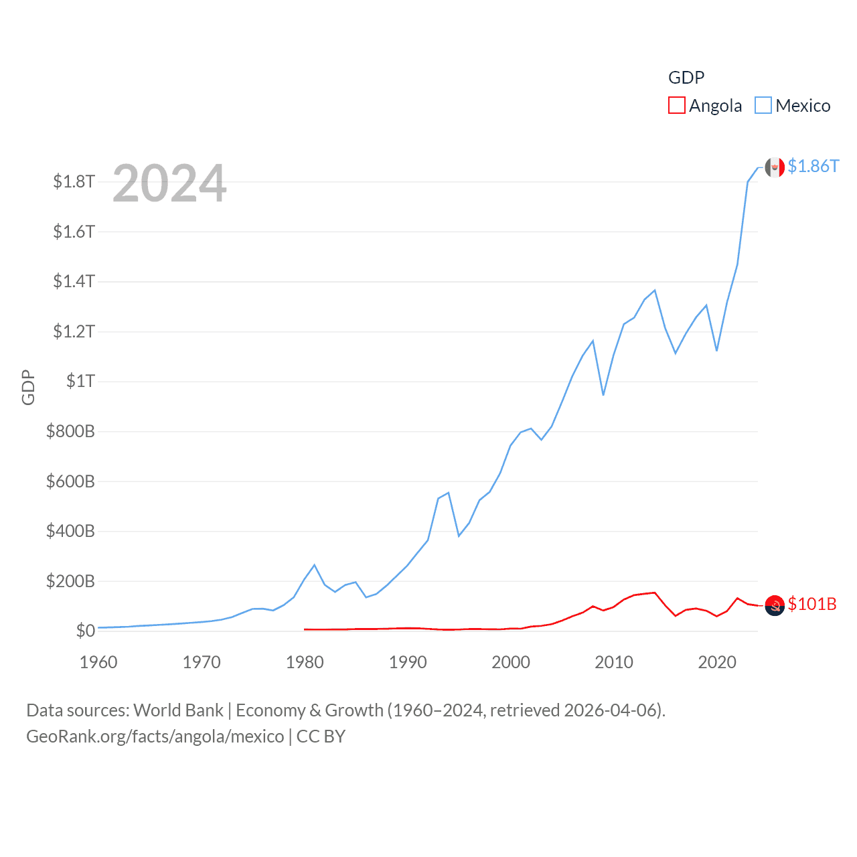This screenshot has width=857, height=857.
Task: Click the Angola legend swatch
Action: click(677, 106)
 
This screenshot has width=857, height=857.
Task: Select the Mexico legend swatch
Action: click(763, 106)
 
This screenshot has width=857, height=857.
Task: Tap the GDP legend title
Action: click(686, 78)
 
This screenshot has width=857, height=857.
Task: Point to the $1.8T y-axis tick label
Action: click(74, 182)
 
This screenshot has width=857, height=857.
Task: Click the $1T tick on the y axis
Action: click(81, 382)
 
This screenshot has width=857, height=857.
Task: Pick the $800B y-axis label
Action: click(70, 431)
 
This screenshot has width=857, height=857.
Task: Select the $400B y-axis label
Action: click(70, 532)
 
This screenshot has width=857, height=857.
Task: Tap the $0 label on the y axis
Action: click(86, 631)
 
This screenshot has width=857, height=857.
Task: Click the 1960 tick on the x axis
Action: click(98, 663)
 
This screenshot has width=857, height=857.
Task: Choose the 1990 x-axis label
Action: click(408, 663)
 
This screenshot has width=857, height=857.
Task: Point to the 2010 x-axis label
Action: click(614, 663)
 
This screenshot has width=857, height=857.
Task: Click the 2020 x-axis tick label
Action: click(717, 663)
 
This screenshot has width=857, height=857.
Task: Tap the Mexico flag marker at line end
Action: click(775, 167)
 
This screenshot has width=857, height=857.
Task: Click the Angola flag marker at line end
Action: click(775, 605)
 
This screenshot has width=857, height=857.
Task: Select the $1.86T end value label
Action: click(813, 166)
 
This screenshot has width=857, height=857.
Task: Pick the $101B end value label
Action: click(812, 604)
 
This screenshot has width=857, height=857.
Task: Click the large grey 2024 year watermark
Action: click(169, 183)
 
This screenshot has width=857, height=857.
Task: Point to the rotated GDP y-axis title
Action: click(28, 387)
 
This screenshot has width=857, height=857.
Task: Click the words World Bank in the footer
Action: click(178, 710)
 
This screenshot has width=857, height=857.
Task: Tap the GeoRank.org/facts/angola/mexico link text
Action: click(155, 736)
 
